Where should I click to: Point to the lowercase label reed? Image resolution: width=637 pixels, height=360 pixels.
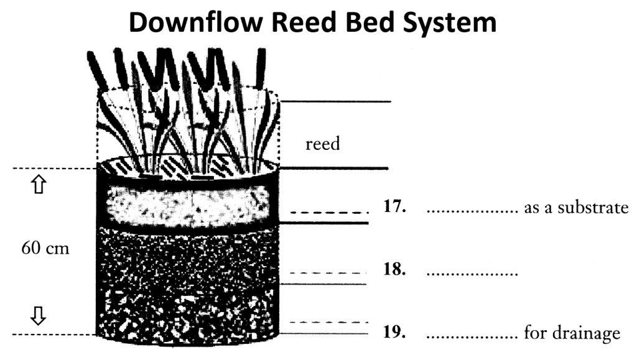323,144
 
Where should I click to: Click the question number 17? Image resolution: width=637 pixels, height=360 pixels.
395,207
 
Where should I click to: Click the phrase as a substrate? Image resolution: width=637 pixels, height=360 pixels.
576,208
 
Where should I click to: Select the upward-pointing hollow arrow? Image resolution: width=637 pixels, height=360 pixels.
38,185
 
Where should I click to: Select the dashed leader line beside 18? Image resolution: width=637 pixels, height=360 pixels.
325,273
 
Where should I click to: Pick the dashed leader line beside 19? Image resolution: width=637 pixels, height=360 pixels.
325,322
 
